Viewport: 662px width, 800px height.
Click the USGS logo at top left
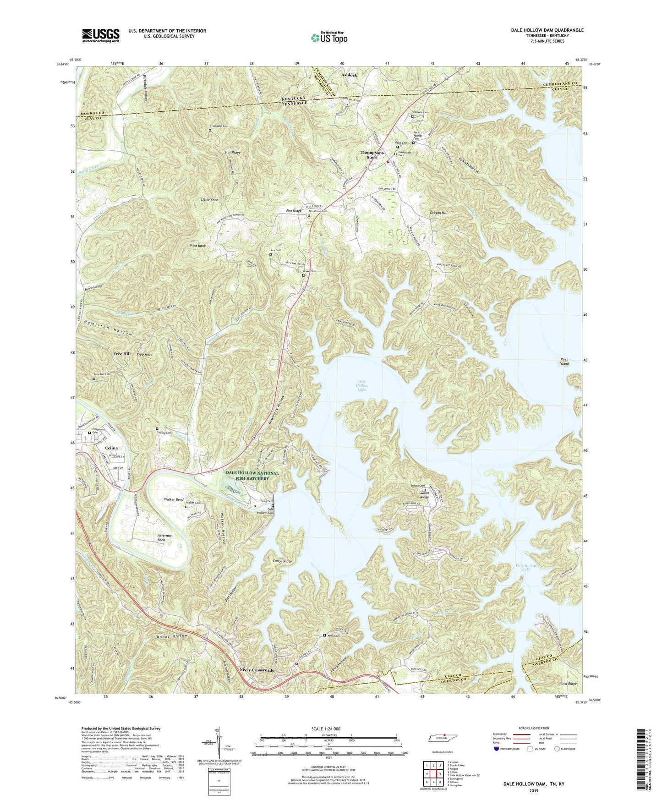tap(101, 35)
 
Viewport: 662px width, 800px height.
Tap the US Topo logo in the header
tap(328, 38)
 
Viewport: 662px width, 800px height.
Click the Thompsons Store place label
tap(372, 155)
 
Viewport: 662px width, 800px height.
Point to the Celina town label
tap(111, 448)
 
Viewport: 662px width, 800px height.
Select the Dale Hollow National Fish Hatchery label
tap(252, 476)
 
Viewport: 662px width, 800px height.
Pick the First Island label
tap(564, 362)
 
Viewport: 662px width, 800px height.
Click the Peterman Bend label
tap(164, 538)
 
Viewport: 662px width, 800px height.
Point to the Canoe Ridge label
tap(282, 561)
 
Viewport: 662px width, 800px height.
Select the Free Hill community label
tap(122, 354)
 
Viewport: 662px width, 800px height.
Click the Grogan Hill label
tap(438, 213)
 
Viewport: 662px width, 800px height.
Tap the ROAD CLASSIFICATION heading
tap(534, 728)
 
